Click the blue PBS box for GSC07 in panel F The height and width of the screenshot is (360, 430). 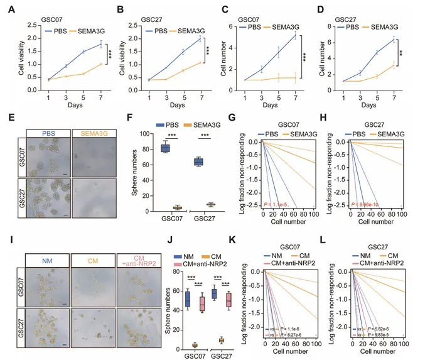point(166,148)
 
